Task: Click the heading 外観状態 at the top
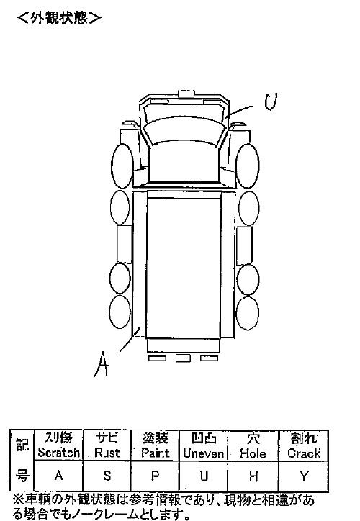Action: (x=60, y=18)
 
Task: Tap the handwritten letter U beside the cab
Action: (x=271, y=101)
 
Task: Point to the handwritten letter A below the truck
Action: (x=102, y=365)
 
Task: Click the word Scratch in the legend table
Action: (x=58, y=453)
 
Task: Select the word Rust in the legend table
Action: (x=107, y=453)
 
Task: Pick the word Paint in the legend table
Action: (x=155, y=453)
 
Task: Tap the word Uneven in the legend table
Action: (x=204, y=453)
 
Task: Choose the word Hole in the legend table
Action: (x=253, y=453)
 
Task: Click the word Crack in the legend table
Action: (x=304, y=453)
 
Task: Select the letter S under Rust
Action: (x=107, y=476)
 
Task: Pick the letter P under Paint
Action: (x=155, y=476)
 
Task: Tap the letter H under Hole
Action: (x=253, y=476)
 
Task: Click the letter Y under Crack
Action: (x=304, y=476)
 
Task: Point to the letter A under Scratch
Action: (x=58, y=476)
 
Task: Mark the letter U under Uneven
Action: (x=204, y=476)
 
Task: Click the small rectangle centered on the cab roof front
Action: (x=186, y=94)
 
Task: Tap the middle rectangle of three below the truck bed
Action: (x=183, y=358)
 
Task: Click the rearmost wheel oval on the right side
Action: (x=247, y=313)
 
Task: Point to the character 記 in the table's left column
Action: (x=22, y=445)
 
